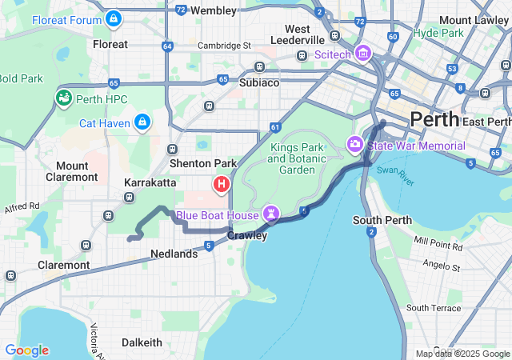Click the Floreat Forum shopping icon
[114, 18]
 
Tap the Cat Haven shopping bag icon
[142, 122]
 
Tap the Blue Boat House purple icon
[272, 214]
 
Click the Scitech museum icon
[362, 54]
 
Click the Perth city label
[434, 119]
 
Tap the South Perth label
[382, 220]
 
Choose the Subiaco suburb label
[259, 82]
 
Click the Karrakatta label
[150, 182]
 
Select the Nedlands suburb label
[174, 254]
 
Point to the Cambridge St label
[224, 46]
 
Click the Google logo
[26, 350]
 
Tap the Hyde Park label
[438, 34]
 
